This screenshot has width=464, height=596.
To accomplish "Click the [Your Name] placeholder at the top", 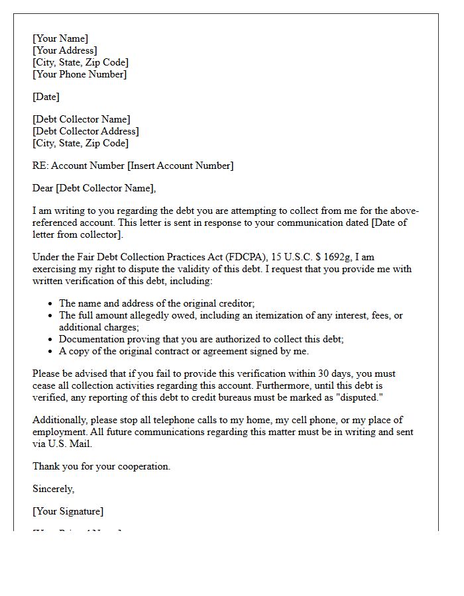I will (x=60, y=38).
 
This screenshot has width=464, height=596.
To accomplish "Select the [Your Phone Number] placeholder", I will (x=80, y=74).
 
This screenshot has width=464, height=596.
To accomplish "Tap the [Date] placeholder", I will (x=46, y=97).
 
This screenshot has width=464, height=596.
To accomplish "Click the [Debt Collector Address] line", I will (x=86, y=131).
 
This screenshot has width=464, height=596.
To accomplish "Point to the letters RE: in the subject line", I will (x=40, y=166).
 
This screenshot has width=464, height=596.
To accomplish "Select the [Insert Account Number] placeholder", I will (x=180, y=166).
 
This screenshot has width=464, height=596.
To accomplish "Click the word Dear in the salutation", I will (x=43, y=188).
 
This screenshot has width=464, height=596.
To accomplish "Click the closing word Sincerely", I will (x=54, y=489).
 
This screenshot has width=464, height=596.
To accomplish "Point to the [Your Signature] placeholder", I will (x=68, y=511).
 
